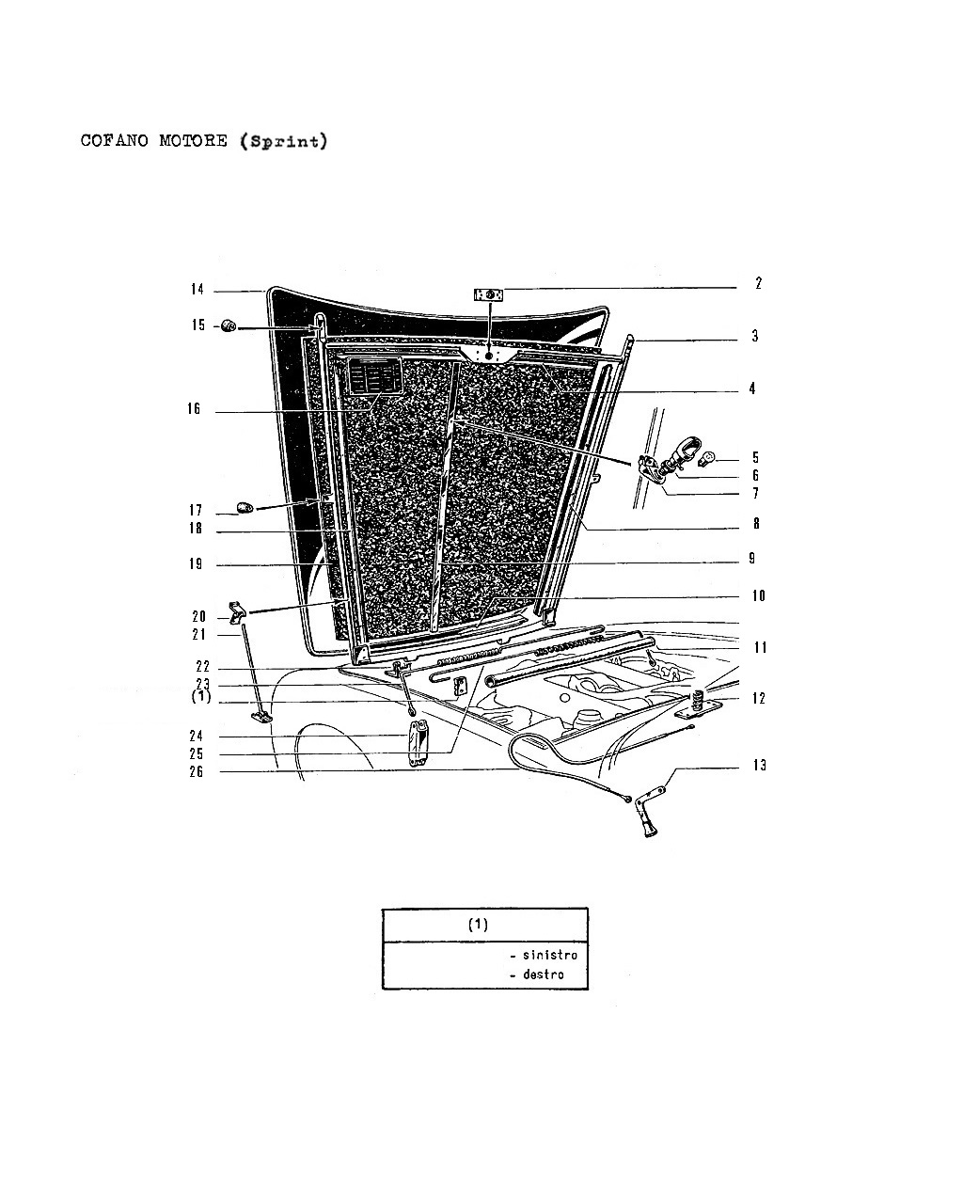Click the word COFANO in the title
[115, 140]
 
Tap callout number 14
[197, 290]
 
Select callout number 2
[758, 283]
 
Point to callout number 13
[759, 766]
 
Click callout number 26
[196, 772]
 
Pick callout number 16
[194, 409]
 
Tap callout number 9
[752, 559]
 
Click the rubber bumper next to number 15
[229, 325]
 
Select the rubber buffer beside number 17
[245, 507]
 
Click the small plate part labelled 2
[488, 294]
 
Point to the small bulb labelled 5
[707, 459]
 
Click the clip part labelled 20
[237, 612]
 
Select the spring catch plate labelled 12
[697, 706]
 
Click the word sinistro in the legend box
[549, 955]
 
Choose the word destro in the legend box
[543, 974]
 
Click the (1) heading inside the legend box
[478, 925]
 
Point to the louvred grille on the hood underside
[374, 375]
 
